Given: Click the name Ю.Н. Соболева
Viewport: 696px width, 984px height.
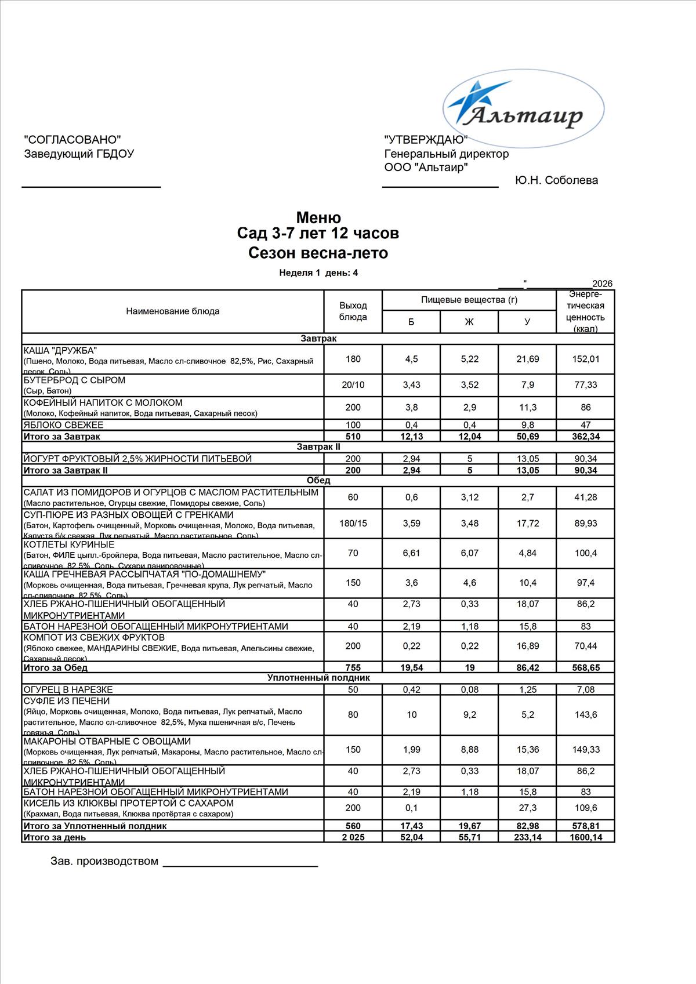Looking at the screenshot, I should click(556, 180).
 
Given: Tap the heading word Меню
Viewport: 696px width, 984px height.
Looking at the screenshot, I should click(318, 218).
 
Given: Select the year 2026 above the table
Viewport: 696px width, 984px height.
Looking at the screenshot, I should click(603, 284).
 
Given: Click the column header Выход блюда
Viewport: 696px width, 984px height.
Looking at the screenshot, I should click(353, 311).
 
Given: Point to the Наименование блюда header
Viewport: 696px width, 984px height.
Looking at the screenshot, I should click(173, 311).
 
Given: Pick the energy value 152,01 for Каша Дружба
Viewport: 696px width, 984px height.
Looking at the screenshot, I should click(585, 359).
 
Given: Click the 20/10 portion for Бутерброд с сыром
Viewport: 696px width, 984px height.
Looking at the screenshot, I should click(353, 385).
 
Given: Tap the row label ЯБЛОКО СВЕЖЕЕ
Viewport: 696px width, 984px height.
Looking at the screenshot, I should click(63, 425).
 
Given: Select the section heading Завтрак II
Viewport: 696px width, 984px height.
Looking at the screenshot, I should click(318, 447).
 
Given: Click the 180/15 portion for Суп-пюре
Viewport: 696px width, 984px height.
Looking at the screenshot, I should click(353, 524).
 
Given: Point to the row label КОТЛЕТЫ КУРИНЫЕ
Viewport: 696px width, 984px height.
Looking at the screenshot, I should click(69, 545).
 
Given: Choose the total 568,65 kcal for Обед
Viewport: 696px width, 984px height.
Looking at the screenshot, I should click(585, 667).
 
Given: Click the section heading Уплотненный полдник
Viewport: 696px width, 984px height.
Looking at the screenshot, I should click(318, 678).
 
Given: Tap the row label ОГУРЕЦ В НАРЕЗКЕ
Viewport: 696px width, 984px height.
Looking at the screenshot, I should click(68, 689).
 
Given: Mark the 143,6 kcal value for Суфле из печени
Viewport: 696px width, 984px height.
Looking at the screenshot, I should click(585, 715).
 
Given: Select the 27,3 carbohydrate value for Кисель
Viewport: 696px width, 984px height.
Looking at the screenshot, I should click(527, 808).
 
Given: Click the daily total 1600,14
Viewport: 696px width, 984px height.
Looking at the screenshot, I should click(585, 837).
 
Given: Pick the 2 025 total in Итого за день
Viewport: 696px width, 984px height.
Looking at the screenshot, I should click(353, 837).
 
